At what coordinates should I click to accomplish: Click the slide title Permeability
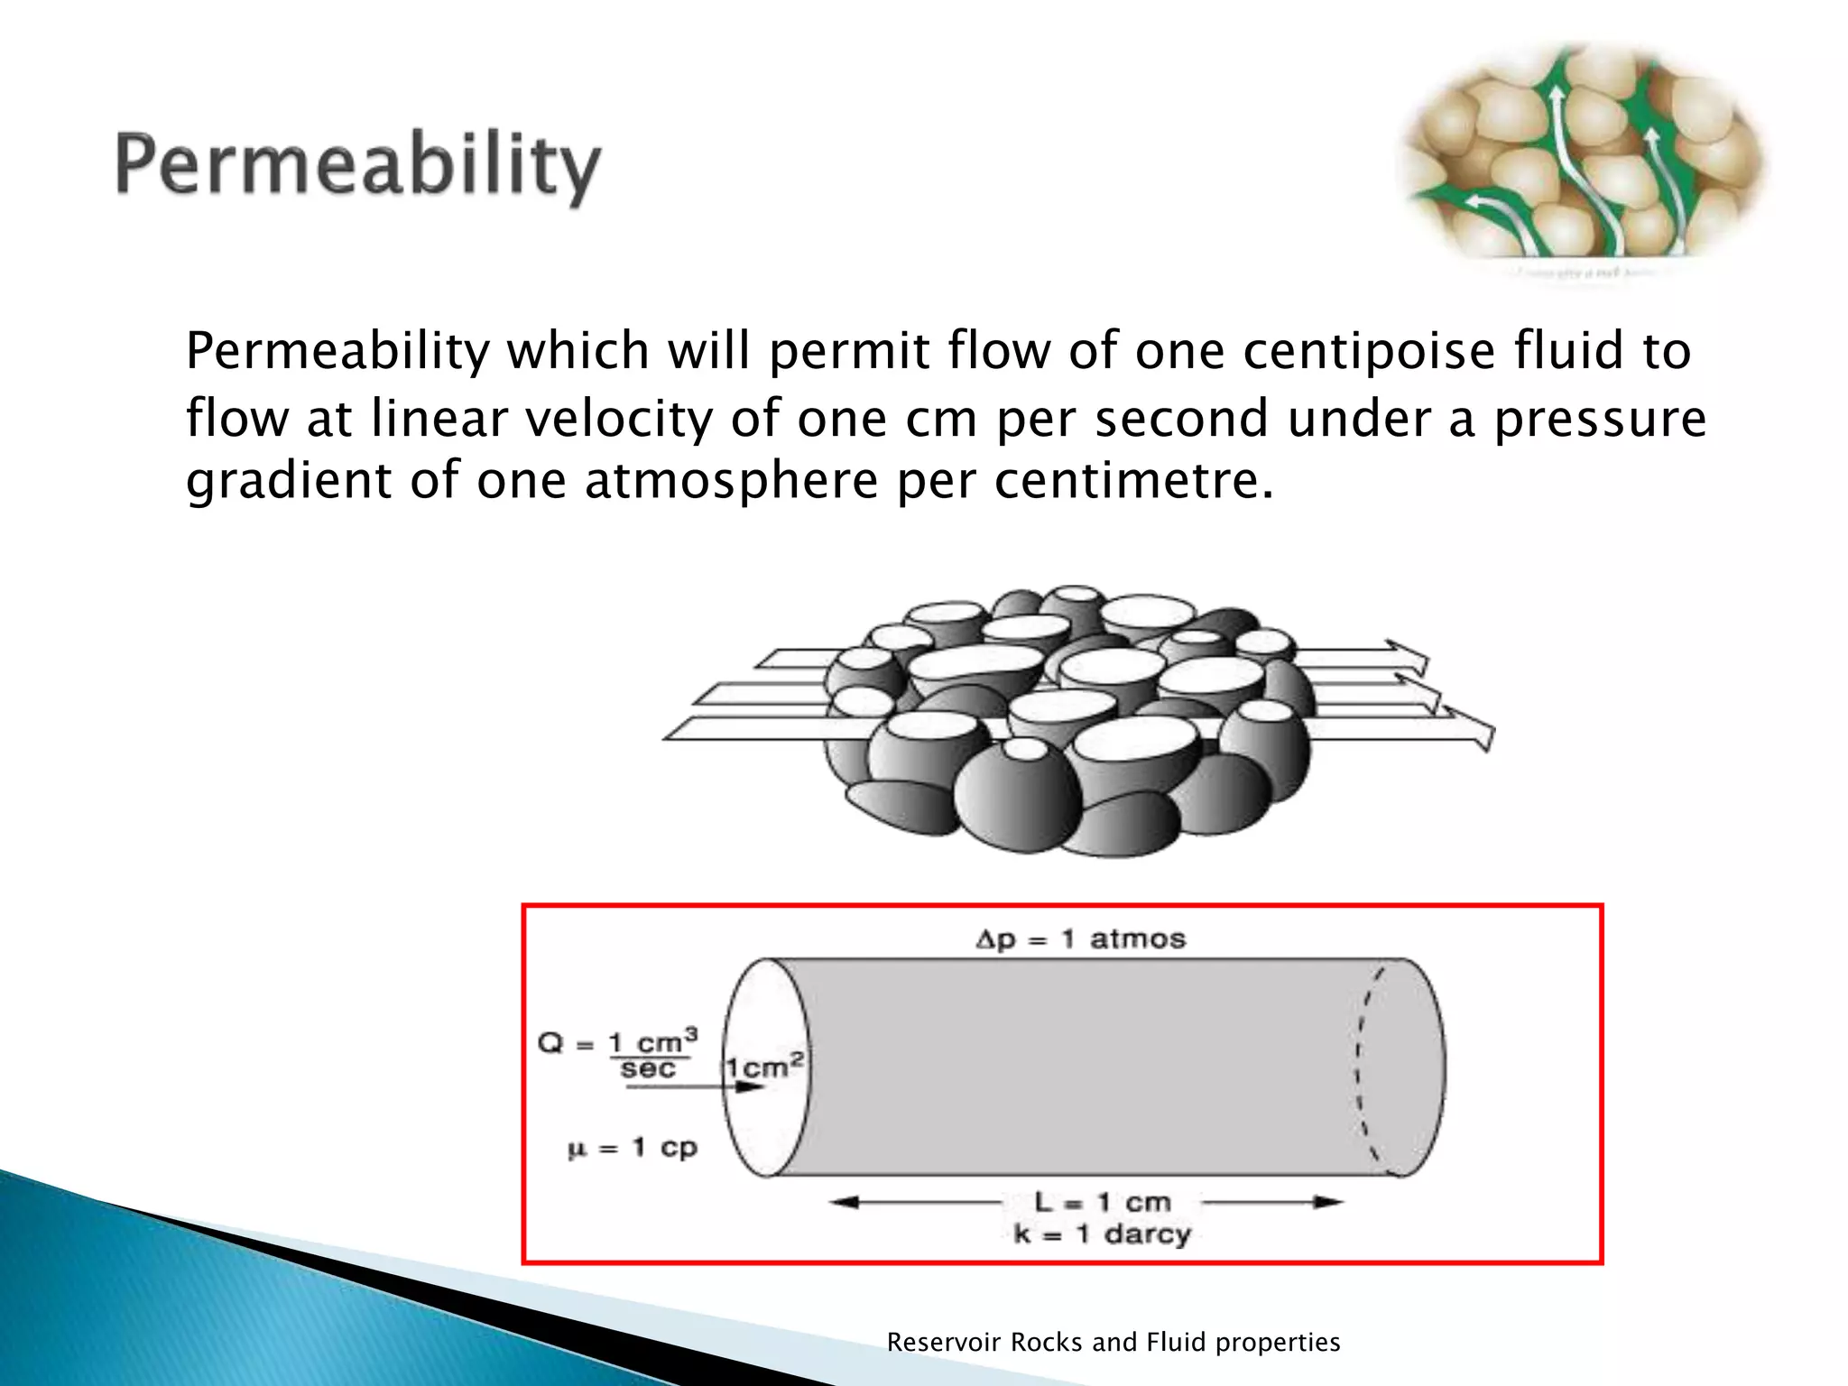click(x=357, y=168)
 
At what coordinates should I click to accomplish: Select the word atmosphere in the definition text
click(x=731, y=480)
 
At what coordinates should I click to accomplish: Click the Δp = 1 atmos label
click(x=1080, y=939)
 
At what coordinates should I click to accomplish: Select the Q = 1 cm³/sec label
click(x=617, y=1054)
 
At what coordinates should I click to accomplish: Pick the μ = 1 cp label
click(x=632, y=1148)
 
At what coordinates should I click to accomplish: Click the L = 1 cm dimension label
click(x=1102, y=1202)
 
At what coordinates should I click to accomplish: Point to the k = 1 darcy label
click(x=1102, y=1234)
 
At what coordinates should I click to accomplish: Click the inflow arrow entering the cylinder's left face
click(x=695, y=1087)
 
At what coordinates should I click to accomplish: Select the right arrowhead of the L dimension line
click(x=1328, y=1202)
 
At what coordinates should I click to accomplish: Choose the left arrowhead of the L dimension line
click(x=843, y=1202)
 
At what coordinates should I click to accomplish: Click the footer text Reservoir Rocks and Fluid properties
click(x=1113, y=1342)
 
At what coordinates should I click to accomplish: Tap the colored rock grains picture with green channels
click(x=1580, y=158)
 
